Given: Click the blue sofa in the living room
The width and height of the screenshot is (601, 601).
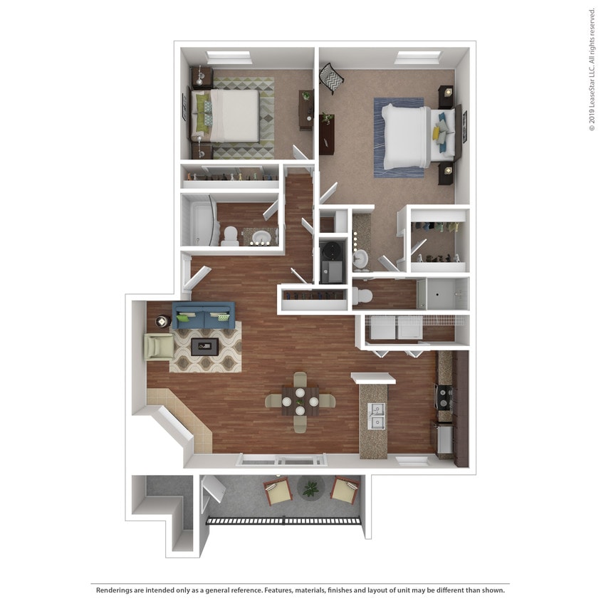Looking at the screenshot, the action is [204, 315].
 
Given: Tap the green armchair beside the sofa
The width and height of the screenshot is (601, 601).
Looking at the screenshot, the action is [159, 347].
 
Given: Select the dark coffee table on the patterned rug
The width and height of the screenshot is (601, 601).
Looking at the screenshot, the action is [204, 347].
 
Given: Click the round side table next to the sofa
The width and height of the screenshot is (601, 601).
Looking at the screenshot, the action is [162, 321].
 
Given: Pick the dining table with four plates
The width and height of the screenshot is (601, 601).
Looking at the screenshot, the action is [300, 402].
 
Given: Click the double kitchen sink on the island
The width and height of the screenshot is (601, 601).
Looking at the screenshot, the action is [377, 417].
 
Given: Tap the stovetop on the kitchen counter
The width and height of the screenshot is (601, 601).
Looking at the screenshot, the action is [444, 397].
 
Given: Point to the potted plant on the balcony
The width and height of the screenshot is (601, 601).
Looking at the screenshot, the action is [310, 488].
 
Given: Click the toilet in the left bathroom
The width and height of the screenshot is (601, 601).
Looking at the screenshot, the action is [230, 235].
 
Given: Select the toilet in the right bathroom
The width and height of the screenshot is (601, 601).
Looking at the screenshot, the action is [362, 296].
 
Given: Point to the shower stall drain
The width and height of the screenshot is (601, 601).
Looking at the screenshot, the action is [438, 295].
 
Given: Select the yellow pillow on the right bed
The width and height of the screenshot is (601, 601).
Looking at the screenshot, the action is [437, 132].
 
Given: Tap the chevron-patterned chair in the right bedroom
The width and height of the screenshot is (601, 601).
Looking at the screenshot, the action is [331, 78].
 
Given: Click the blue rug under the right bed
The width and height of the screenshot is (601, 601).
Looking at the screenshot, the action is [399, 138].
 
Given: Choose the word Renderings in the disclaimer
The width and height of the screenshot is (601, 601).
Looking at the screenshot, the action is [113, 590].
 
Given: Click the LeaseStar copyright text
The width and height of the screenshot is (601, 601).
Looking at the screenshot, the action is [592, 70].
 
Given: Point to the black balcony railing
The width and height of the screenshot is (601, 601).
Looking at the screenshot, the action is [283, 521].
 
